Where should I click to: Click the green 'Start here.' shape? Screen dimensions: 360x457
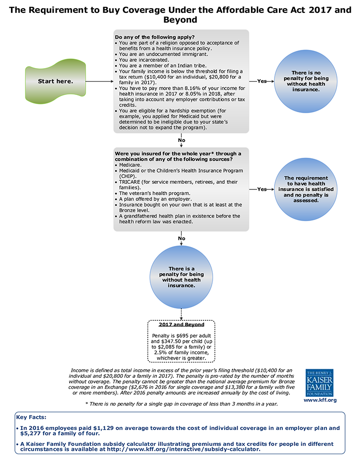pyautogui.click(x=55, y=82)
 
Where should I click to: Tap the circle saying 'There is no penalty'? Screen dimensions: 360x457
pyautogui.click(x=306, y=82)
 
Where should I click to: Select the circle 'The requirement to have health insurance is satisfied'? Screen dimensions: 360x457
pyautogui.click(x=306, y=189)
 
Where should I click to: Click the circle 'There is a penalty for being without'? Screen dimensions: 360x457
pyautogui.click(x=181, y=277)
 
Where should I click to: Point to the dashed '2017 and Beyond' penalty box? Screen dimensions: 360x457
pyautogui.click(x=181, y=341)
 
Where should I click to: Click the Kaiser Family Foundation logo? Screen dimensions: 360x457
pyautogui.click(x=320, y=383)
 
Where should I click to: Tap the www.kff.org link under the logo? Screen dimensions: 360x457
pyautogui.click(x=320, y=400)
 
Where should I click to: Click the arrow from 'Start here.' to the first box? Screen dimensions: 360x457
pyautogui.click(x=99, y=82)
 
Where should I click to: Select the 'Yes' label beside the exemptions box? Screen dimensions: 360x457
pyautogui.click(x=262, y=82)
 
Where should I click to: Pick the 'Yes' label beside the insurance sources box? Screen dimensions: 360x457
pyautogui.click(x=262, y=189)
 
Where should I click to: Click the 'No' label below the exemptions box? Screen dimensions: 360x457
pyautogui.click(x=181, y=140)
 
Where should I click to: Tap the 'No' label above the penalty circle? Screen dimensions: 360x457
pyautogui.click(x=181, y=238)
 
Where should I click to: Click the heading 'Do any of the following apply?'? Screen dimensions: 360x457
pyautogui.click(x=155, y=37)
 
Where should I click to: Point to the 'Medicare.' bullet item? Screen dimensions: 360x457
pyautogui.click(x=130, y=165)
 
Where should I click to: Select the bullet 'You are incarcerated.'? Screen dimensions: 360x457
pyautogui.click(x=144, y=60)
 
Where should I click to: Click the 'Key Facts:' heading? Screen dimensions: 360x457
pyautogui.click(x=31, y=417)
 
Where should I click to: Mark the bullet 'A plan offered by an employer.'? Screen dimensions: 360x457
pyautogui.click(x=156, y=199)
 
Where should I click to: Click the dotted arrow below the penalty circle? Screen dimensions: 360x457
pyautogui.click(x=181, y=315)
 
